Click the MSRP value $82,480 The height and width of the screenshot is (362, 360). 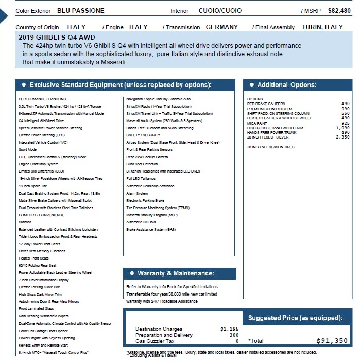coord(339,10)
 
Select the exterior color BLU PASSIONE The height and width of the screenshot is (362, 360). coord(80,10)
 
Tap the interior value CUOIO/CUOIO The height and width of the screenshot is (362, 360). coord(220,10)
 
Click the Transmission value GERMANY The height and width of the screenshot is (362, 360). coord(222,27)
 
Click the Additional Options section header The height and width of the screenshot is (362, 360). coord(287,85)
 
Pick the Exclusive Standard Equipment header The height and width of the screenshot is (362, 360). coord(120,85)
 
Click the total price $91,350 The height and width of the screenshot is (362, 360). coord(332,340)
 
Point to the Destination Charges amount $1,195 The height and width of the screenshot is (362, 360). coord(229,329)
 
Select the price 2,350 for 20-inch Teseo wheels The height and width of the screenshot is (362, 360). coord(342,137)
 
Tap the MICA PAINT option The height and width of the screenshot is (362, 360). coord(259,123)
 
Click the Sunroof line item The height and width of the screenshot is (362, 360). coord(25,222)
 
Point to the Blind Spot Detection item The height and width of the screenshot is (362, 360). coord(142,164)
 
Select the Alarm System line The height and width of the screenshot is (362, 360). coord(137,193)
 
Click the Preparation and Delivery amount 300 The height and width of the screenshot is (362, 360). coord(234,335)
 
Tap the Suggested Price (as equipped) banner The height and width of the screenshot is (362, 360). coord(295,318)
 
